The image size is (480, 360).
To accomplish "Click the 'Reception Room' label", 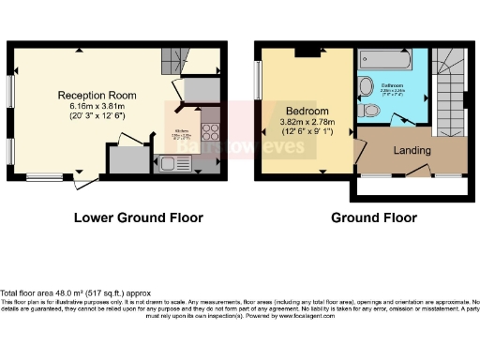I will (97, 95).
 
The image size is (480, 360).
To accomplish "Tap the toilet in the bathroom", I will (373, 111).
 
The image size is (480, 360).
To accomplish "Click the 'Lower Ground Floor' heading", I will (138, 218).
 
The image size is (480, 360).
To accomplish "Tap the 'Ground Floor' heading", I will (374, 218).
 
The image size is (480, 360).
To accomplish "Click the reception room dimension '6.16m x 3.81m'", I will (97, 106).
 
